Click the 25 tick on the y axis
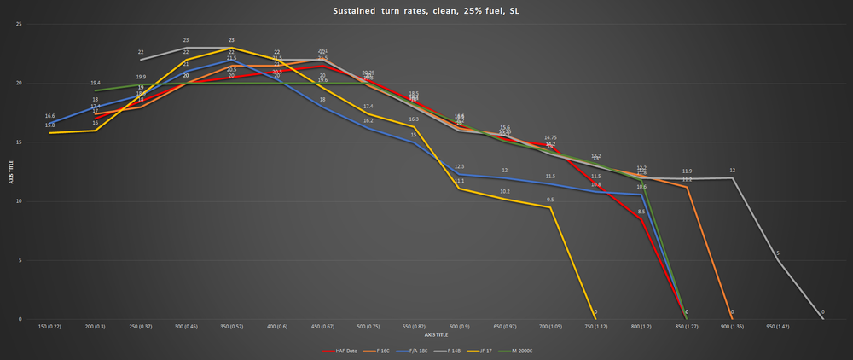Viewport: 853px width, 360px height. click(x=19, y=24)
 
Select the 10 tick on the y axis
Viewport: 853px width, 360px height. click(x=19, y=201)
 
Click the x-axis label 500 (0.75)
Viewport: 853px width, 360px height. click(x=368, y=327)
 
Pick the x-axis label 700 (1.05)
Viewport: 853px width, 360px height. click(x=550, y=327)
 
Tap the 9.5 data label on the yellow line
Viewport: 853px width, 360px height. click(x=550, y=200)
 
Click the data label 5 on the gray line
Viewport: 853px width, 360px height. click(x=778, y=253)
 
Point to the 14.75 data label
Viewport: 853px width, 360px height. click(x=550, y=137)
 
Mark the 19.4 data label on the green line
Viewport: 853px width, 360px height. click(x=96, y=83)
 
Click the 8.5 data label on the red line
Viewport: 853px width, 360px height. click(x=641, y=212)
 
